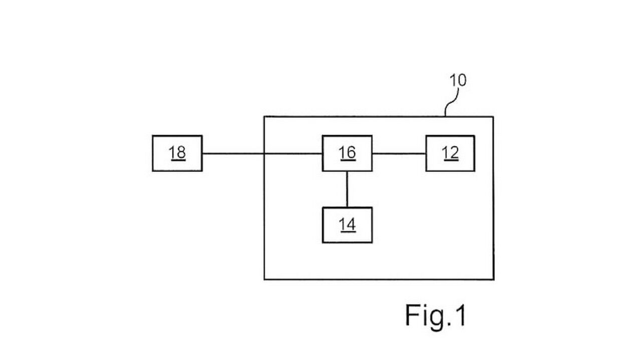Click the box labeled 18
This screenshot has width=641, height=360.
[177, 153]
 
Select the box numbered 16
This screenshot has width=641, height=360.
[347, 153]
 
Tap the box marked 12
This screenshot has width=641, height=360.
[450, 153]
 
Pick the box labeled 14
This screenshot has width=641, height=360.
[347, 225]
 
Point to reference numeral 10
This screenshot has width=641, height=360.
[457, 81]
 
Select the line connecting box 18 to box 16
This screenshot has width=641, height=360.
[233, 154]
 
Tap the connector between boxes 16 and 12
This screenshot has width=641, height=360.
[399, 154]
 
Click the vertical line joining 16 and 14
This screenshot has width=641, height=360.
[347, 189]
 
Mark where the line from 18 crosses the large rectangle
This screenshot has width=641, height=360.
[264, 154]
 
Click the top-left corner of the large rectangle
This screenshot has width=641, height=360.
[264, 117]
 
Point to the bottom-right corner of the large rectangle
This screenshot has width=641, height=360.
[493, 279]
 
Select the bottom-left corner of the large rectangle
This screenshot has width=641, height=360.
[264, 279]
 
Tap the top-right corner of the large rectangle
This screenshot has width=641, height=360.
[493, 117]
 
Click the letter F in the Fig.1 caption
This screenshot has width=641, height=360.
[413, 315]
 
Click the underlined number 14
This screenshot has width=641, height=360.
[347, 225]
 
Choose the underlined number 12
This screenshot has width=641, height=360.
[450, 153]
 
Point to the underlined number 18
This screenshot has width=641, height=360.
[177, 153]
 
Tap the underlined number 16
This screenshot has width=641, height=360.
[347, 153]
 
